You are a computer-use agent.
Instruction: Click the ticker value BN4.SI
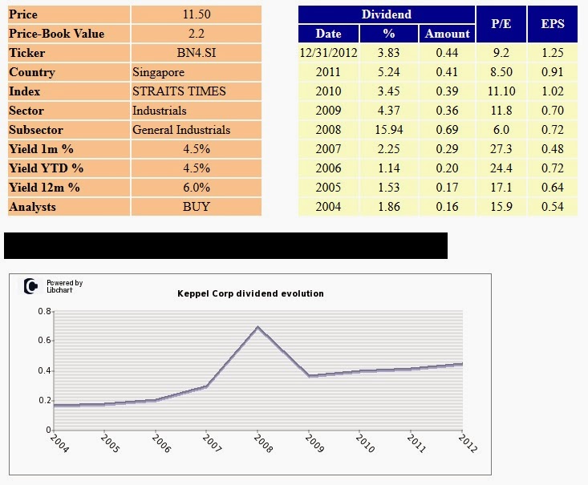(196, 53)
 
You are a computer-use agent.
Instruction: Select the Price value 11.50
(196, 14)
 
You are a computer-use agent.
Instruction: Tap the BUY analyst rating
(196, 207)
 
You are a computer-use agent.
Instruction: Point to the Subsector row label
(36, 130)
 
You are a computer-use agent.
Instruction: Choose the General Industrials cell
(181, 130)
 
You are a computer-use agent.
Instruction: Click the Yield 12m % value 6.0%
(196, 188)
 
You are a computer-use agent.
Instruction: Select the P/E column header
(501, 24)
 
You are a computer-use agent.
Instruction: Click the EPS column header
(553, 24)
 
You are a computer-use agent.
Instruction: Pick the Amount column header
(447, 34)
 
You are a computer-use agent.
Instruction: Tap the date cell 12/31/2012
(328, 53)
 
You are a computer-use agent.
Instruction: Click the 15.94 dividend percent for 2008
(389, 130)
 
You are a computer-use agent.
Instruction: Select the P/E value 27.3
(501, 149)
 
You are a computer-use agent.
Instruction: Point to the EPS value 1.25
(553, 53)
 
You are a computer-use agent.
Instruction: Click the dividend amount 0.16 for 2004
(447, 207)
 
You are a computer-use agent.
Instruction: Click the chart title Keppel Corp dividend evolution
(250, 293)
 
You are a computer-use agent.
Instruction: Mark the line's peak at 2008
(258, 327)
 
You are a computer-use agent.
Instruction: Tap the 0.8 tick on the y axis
(45, 311)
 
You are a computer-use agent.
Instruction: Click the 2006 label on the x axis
(161, 443)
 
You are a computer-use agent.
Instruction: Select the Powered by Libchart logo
(53, 286)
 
